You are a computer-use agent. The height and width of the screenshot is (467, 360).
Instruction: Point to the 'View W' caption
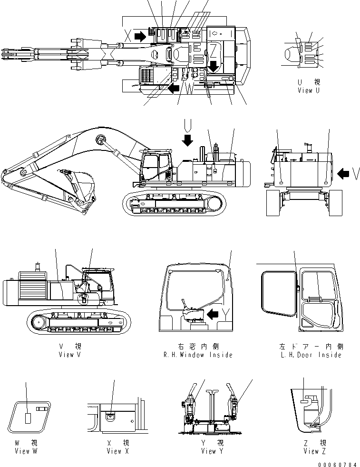click(26, 451)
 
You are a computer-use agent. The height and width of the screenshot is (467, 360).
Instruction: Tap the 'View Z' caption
click(311, 451)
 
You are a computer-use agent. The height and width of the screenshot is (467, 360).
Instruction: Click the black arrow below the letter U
click(188, 139)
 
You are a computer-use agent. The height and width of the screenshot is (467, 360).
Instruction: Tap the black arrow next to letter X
click(140, 36)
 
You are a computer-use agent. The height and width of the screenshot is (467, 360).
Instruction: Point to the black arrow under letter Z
click(214, 65)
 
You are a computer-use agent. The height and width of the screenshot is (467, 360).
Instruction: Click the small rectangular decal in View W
click(28, 418)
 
